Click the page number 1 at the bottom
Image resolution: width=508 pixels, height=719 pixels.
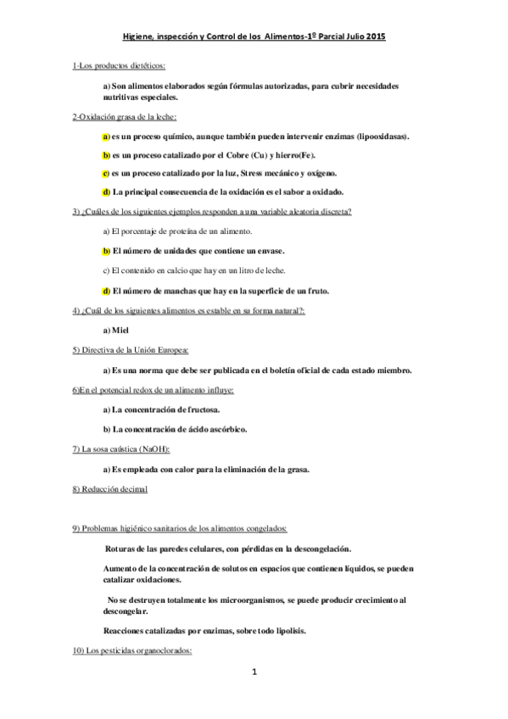tap(254, 672)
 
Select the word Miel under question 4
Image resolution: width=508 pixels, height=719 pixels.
tap(120, 330)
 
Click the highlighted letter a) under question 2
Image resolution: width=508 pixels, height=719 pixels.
tap(106, 136)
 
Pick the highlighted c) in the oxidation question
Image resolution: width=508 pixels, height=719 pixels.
tap(106, 173)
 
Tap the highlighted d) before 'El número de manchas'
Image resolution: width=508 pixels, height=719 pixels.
tap(106, 291)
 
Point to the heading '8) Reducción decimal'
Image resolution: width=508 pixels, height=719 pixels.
tap(110, 489)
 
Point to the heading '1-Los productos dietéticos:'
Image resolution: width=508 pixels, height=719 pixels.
tap(119, 65)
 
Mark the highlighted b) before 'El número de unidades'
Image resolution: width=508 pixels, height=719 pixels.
tap(106, 251)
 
